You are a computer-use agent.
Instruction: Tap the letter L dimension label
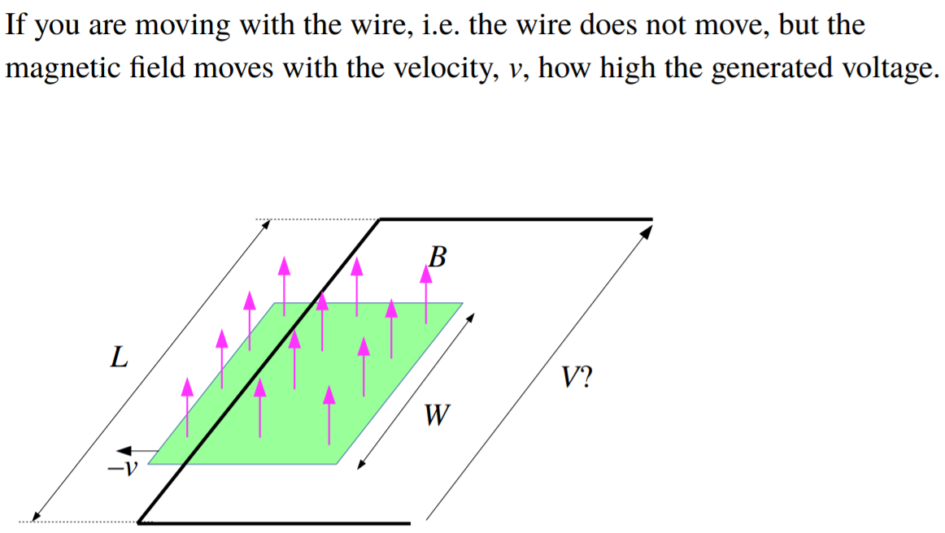pos(119,357)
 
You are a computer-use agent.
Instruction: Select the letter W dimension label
pos(437,416)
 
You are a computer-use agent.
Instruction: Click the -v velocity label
pos(124,468)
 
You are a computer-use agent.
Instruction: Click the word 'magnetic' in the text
pos(62,68)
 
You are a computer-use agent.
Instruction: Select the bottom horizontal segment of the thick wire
pos(277,522)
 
